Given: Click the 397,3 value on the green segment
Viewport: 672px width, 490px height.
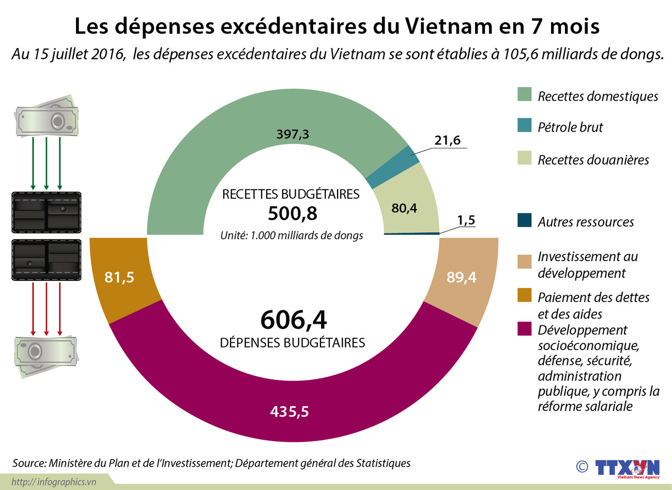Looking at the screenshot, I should pos(293,134).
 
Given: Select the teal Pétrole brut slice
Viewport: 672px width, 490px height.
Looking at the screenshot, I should pos(393,167).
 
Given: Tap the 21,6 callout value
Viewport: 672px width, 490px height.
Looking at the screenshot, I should pos(447,140).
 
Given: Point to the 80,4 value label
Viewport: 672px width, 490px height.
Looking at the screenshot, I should pos(404,208).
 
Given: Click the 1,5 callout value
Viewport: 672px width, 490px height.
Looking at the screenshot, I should pos(466,220).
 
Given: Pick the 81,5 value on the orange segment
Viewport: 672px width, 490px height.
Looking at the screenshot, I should pos(119,277).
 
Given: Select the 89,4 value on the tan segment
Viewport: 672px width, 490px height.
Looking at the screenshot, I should pos(462,277).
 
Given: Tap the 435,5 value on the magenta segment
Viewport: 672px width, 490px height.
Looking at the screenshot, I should pos(289,412).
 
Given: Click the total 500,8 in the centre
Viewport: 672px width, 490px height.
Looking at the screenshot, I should pos(293,213).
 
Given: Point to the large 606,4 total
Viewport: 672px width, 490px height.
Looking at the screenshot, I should pos(294,320).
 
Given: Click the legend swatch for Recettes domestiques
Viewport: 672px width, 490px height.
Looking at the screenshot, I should pos(524,94).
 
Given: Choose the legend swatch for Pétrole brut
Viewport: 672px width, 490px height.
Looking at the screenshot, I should pos(524,125).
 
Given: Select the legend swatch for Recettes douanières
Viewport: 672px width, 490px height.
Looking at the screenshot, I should pos(524,158).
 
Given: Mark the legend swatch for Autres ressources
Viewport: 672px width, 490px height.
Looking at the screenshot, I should pos(524,220).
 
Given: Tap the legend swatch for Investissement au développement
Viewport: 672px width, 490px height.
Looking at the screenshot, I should pos(524,261).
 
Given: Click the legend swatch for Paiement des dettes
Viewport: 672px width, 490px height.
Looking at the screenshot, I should pos(524,295).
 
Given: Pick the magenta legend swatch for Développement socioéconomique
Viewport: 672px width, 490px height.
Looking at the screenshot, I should pos(524,329).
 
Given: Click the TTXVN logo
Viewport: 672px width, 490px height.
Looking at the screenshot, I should pos(627,468).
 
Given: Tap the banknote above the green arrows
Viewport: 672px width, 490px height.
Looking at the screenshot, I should pos(47,117).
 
